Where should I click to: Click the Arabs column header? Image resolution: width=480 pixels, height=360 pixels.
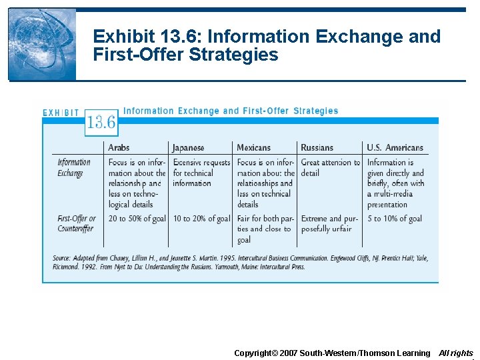pyautogui.click(x=119, y=147)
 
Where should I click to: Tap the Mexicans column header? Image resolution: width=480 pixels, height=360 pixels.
pyautogui.click(x=254, y=147)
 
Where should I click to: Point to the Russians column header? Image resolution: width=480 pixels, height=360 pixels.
pyautogui.click(x=317, y=147)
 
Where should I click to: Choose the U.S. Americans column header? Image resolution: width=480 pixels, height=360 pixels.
pyautogui.click(x=395, y=147)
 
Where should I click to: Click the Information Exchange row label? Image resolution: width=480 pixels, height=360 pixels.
pyautogui.click(x=73, y=168)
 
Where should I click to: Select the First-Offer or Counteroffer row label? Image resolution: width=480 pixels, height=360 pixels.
pyautogui.click(x=76, y=223)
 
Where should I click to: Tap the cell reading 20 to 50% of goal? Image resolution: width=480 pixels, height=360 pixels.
pyautogui.click(x=137, y=219)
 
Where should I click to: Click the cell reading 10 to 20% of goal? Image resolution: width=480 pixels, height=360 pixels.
pyautogui.click(x=201, y=219)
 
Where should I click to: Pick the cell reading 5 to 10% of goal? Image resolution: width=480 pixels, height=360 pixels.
pyautogui.click(x=394, y=219)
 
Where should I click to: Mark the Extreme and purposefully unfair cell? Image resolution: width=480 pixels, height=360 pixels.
pyautogui.click(x=329, y=223)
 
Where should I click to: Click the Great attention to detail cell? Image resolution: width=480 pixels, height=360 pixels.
pyautogui.click(x=330, y=167)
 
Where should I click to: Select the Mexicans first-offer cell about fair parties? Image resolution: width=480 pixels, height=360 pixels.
pyautogui.click(x=265, y=229)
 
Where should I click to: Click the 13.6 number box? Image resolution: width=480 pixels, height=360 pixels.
pyautogui.click(x=101, y=122)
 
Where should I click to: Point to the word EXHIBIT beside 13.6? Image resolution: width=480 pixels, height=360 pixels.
pyautogui.click(x=61, y=113)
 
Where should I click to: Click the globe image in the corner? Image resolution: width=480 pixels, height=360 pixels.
pyautogui.click(x=41, y=45)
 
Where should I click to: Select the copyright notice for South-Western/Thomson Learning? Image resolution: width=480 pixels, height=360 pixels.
pyautogui.click(x=332, y=353)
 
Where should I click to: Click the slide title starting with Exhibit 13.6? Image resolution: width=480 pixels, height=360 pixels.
pyautogui.click(x=267, y=45)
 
